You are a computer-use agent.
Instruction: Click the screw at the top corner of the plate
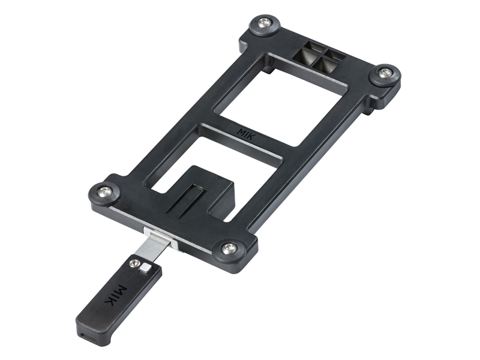[x=264, y=23]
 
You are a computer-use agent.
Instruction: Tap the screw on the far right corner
[x=385, y=73]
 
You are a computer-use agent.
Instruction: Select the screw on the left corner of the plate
[x=103, y=191]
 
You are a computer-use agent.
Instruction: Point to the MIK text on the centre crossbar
[x=245, y=134]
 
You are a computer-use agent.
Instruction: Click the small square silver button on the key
[x=145, y=268]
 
